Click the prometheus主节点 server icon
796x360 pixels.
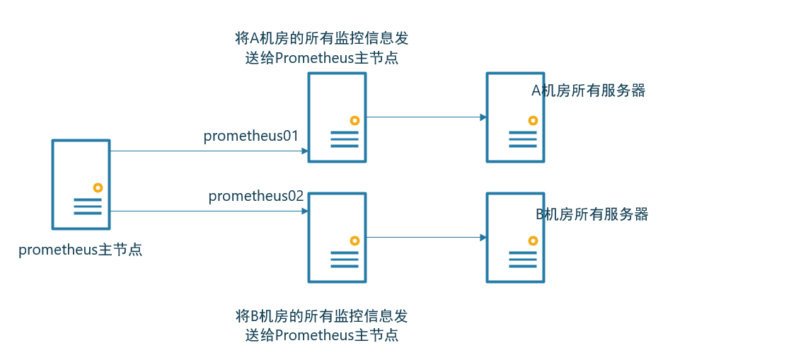point(81,184)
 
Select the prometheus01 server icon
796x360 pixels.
point(337,117)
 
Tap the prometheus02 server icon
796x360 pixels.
point(337,238)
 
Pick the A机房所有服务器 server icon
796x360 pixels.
point(515,117)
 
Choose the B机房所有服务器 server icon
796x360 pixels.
point(515,238)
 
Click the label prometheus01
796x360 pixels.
point(251,136)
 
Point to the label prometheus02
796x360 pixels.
point(256,196)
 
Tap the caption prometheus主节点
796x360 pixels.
point(81,250)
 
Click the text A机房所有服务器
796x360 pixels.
point(589,91)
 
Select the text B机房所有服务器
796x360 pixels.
point(592,214)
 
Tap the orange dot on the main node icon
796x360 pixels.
point(98,187)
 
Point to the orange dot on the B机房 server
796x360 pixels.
point(533,240)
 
